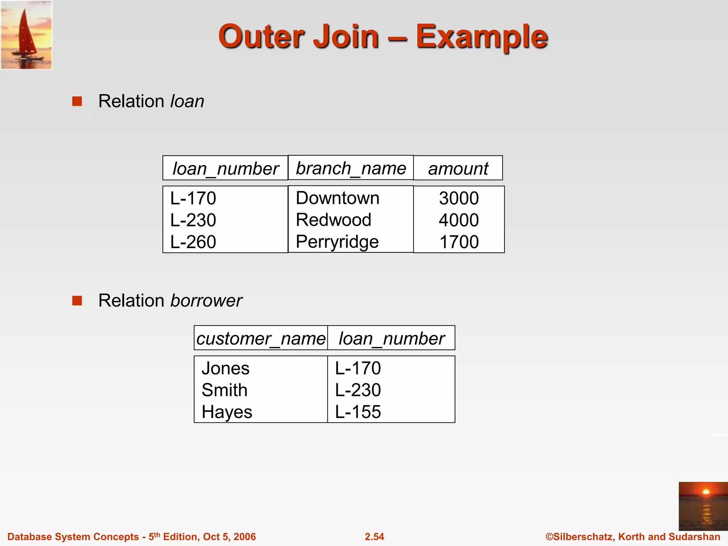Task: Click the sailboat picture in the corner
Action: click(27, 35)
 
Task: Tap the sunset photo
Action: click(703, 506)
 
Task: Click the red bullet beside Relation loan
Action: click(77, 101)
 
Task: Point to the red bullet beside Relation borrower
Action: click(77, 301)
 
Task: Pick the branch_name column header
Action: click(351, 168)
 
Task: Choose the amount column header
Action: click(458, 168)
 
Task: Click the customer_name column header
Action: click(261, 338)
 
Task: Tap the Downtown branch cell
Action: click(338, 198)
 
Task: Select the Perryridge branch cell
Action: click(337, 242)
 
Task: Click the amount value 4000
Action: click(459, 220)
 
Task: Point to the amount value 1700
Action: click(459, 242)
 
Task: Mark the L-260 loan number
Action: click(193, 242)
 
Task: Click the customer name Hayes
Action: click(227, 412)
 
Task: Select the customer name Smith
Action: click(224, 390)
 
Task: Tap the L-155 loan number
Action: click(358, 412)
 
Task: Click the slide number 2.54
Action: click(374, 537)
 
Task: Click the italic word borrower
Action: click(206, 301)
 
